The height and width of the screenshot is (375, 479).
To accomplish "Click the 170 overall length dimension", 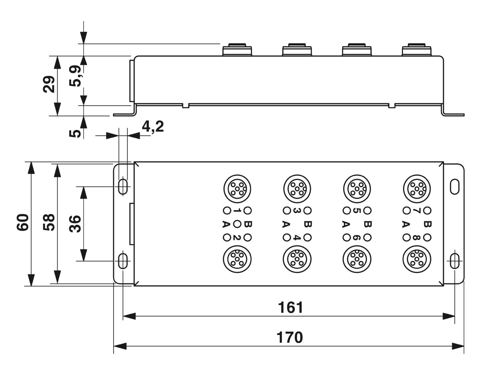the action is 289,337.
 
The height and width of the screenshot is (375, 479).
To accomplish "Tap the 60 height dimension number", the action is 23,222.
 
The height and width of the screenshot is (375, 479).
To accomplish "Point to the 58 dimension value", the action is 49,222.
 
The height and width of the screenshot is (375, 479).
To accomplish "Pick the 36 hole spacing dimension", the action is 75,224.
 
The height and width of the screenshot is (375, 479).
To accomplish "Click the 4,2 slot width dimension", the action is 153,126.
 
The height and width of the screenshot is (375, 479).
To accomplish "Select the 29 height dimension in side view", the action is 49,84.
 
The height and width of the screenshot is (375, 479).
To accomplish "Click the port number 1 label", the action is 237,211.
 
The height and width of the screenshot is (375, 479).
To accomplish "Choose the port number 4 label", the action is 297,238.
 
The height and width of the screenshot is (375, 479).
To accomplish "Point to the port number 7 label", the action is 416,211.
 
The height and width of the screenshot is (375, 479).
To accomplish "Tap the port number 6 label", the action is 357,238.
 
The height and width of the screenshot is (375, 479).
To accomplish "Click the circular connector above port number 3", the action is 297,189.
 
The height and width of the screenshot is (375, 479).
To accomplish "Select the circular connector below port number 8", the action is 417,259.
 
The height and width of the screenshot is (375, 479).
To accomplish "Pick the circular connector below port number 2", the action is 237,259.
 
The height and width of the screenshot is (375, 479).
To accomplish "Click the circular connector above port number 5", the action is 357,189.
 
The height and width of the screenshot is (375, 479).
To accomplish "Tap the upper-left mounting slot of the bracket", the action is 123,187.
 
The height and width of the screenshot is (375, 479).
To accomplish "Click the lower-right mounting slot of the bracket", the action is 454,261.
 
